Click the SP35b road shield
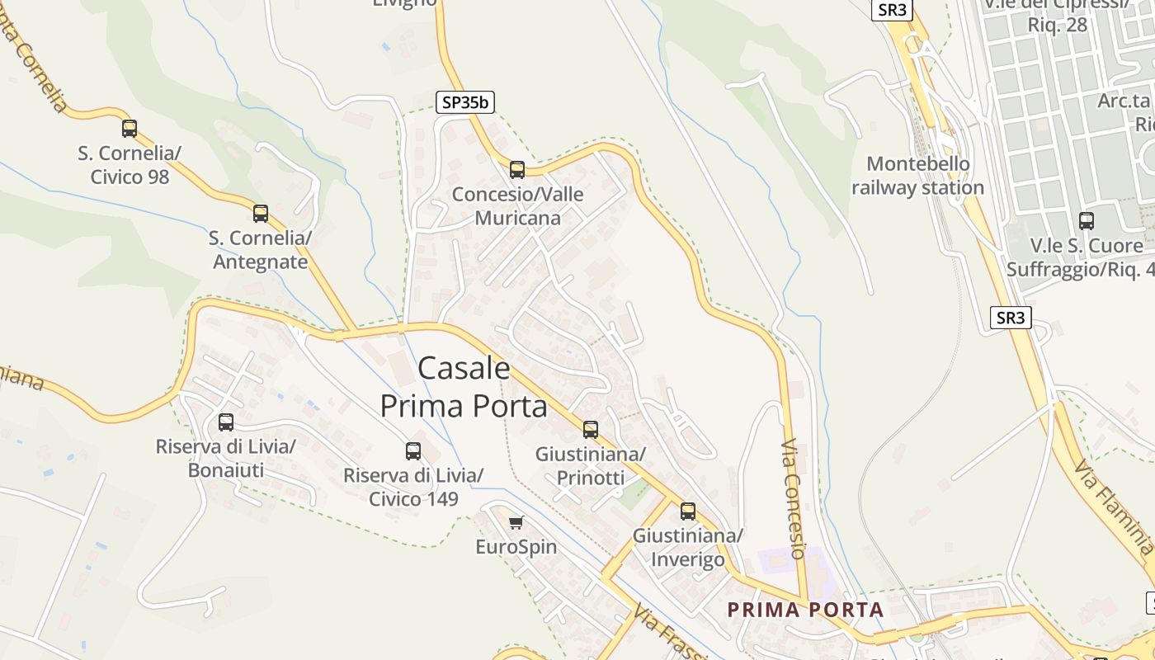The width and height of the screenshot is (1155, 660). [465, 102]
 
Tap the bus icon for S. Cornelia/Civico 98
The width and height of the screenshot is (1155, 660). [130, 129]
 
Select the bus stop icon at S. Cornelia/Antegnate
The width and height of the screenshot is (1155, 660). [261, 214]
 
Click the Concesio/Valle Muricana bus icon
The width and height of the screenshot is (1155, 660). [517, 170]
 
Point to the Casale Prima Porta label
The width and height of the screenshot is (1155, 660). [464, 387]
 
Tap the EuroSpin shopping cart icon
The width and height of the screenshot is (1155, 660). [516, 522]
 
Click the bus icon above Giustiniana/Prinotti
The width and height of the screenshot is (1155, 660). [591, 429]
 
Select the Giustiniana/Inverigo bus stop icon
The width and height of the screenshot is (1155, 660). [688, 511]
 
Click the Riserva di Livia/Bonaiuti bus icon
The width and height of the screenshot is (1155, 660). [226, 422]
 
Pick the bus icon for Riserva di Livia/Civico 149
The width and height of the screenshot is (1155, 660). [413, 451]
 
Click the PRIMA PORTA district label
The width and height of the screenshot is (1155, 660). [805, 610]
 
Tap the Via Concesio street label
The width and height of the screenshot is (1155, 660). [793, 499]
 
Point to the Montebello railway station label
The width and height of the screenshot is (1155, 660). [917, 176]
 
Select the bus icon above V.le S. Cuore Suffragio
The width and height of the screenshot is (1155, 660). [1087, 221]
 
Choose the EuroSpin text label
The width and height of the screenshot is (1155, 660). [516, 547]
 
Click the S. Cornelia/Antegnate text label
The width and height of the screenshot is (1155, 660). [260, 250]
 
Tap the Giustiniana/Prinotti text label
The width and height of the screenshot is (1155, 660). [591, 466]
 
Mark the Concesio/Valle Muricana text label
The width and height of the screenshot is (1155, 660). [517, 206]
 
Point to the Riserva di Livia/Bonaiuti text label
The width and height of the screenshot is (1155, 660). [226, 459]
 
